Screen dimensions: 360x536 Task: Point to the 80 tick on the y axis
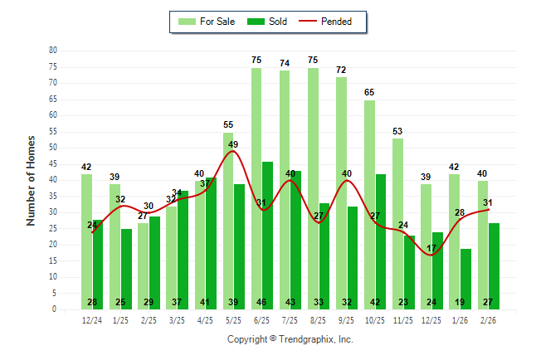53,50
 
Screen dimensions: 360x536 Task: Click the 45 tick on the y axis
53,163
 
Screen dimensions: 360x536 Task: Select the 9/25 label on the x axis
347,320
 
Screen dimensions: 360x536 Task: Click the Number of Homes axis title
32,180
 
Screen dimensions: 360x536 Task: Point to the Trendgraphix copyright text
290,339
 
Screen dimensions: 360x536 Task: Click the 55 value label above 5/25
228,124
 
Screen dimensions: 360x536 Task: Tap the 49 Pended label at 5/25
234,144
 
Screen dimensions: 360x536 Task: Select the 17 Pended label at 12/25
431,248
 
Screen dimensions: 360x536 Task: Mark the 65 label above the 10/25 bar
369,92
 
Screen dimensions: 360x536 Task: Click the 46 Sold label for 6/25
267,303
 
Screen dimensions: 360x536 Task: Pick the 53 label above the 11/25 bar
397,131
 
